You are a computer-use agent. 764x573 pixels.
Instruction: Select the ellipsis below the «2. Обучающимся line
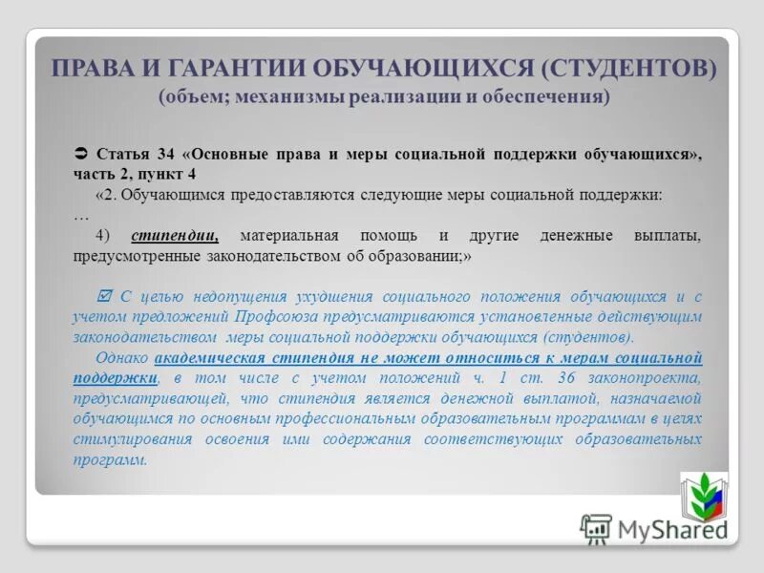pyautogui.click(x=80, y=215)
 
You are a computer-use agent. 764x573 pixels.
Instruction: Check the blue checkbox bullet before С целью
pyautogui.click(x=105, y=296)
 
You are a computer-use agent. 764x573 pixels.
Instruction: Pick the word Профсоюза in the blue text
pyautogui.click(x=271, y=317)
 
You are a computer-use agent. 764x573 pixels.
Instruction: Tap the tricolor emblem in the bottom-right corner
pyautogui.click(x=703, y=497)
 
